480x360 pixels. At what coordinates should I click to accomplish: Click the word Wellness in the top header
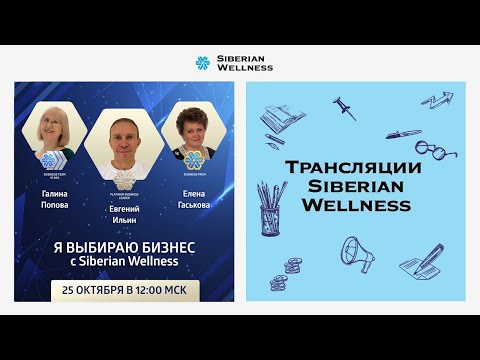245,68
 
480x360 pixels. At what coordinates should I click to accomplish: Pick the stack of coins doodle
293,267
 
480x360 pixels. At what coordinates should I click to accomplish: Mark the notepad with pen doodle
422,263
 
